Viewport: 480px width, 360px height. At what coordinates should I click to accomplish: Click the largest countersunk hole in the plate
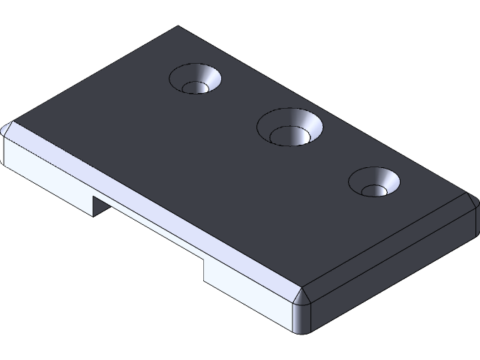[289, 127]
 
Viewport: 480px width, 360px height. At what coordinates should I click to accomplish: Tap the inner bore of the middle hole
[287, 136]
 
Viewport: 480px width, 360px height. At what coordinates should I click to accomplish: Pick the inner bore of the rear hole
[195, 87]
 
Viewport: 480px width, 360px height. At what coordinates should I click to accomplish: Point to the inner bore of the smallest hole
[373, 189]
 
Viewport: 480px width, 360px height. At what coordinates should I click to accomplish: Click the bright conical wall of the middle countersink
[307, 124]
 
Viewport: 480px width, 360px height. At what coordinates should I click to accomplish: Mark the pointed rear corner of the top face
[178, 28]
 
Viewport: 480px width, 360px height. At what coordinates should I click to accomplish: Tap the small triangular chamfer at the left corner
[8, 129]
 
